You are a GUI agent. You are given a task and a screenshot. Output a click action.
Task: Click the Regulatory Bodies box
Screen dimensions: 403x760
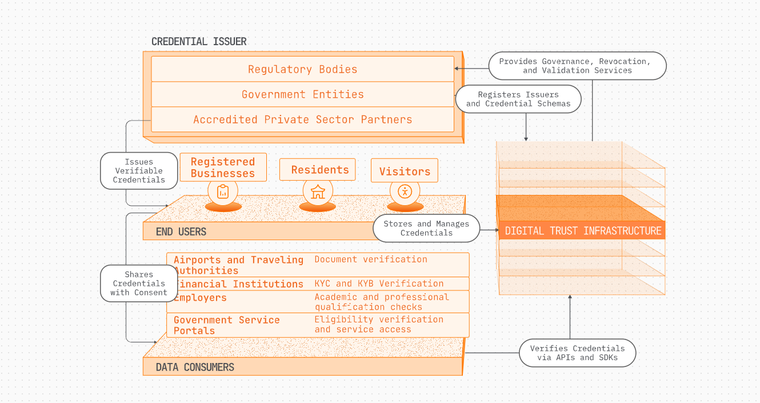(302, 69)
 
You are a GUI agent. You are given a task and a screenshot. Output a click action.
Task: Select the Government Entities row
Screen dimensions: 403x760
(302, 94)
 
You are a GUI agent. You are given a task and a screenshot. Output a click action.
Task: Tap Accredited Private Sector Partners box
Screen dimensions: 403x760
(302, 119)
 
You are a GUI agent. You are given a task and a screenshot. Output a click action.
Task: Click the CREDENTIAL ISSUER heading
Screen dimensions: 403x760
(199, 42)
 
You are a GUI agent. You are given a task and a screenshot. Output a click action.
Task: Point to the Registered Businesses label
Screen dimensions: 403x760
(223, 167)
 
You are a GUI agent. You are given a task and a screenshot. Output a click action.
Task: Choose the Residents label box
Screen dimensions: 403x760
(318, 170)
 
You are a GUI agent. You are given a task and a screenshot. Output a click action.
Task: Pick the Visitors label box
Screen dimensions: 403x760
(405, 171)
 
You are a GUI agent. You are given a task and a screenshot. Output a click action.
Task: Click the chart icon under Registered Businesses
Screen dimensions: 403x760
(223, 192)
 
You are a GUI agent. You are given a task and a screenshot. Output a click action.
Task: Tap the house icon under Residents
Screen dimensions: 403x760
(318, 192)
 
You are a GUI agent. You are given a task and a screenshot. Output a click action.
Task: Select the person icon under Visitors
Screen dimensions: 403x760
(405, 191)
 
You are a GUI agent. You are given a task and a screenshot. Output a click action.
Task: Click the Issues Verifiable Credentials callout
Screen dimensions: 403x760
(139, 171)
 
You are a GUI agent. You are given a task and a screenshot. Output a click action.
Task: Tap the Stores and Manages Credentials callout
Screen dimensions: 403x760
(426, 228)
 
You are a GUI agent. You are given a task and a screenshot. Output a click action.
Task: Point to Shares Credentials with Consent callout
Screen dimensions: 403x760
(139, 284)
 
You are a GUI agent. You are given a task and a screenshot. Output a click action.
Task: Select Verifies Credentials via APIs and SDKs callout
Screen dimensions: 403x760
(577, 353)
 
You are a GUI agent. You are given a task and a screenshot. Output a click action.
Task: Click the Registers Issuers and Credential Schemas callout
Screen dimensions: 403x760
(518, 99)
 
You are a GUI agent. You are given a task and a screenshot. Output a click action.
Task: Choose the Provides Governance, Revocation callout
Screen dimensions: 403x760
(577, 66)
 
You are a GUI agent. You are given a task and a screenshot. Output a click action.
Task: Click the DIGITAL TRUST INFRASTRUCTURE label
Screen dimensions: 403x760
(583, 231)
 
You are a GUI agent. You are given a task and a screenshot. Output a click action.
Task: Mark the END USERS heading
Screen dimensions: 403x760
(181, 232)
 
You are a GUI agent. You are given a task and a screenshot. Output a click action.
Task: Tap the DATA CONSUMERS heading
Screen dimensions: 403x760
(195, 367)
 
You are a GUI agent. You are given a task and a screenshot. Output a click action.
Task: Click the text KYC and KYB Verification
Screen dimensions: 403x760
(379, 284)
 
